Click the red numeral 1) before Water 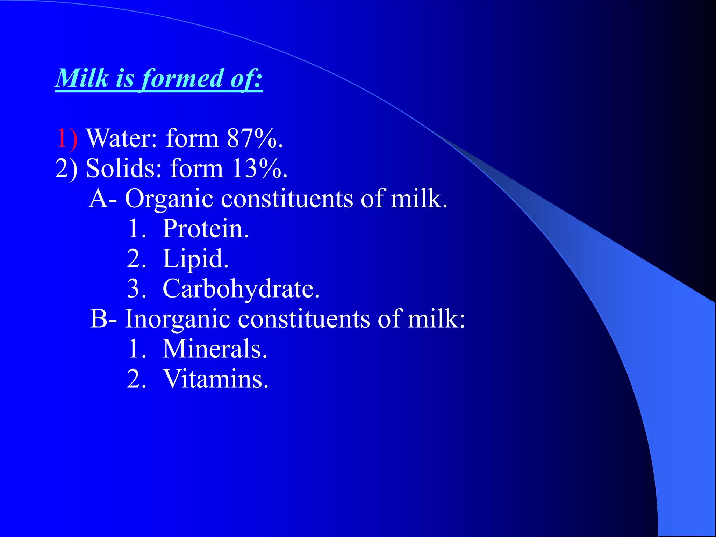[67, 138]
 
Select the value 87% [255, 138]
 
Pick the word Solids [124, 169]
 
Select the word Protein [206, 229]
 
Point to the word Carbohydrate [241, 289]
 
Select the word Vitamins [216, 379]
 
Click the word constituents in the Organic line [287, 199]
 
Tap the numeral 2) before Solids [66, 169]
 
